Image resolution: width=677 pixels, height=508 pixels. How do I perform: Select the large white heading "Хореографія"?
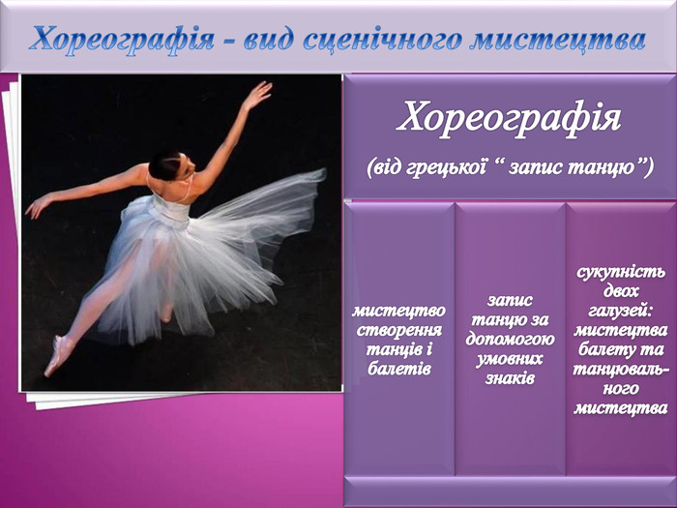[x=509, y=118]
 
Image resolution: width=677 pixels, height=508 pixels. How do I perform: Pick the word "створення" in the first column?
[x=398, y=330]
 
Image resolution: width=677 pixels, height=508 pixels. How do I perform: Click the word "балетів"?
[x=398, y=369]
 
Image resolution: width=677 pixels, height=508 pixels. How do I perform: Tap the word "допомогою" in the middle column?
[x=510, y=339]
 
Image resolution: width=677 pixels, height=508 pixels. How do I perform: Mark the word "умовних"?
[x=510, y=359]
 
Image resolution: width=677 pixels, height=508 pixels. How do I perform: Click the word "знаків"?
[x=510, y=378]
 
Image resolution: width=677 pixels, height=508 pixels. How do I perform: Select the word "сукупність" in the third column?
[x=621, y=273]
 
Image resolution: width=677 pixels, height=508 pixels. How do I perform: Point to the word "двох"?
[x=621, y=291]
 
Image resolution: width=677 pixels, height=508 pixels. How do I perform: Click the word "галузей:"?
[x=621, y=311]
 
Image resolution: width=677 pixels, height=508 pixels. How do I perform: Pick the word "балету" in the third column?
[x=601, y=349]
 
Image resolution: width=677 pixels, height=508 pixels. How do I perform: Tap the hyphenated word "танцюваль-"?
[x=621, y=369]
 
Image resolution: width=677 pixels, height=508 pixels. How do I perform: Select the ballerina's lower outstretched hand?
[x=38, y=207]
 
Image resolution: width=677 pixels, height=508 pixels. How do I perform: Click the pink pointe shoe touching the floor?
[x=59, y=355]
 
